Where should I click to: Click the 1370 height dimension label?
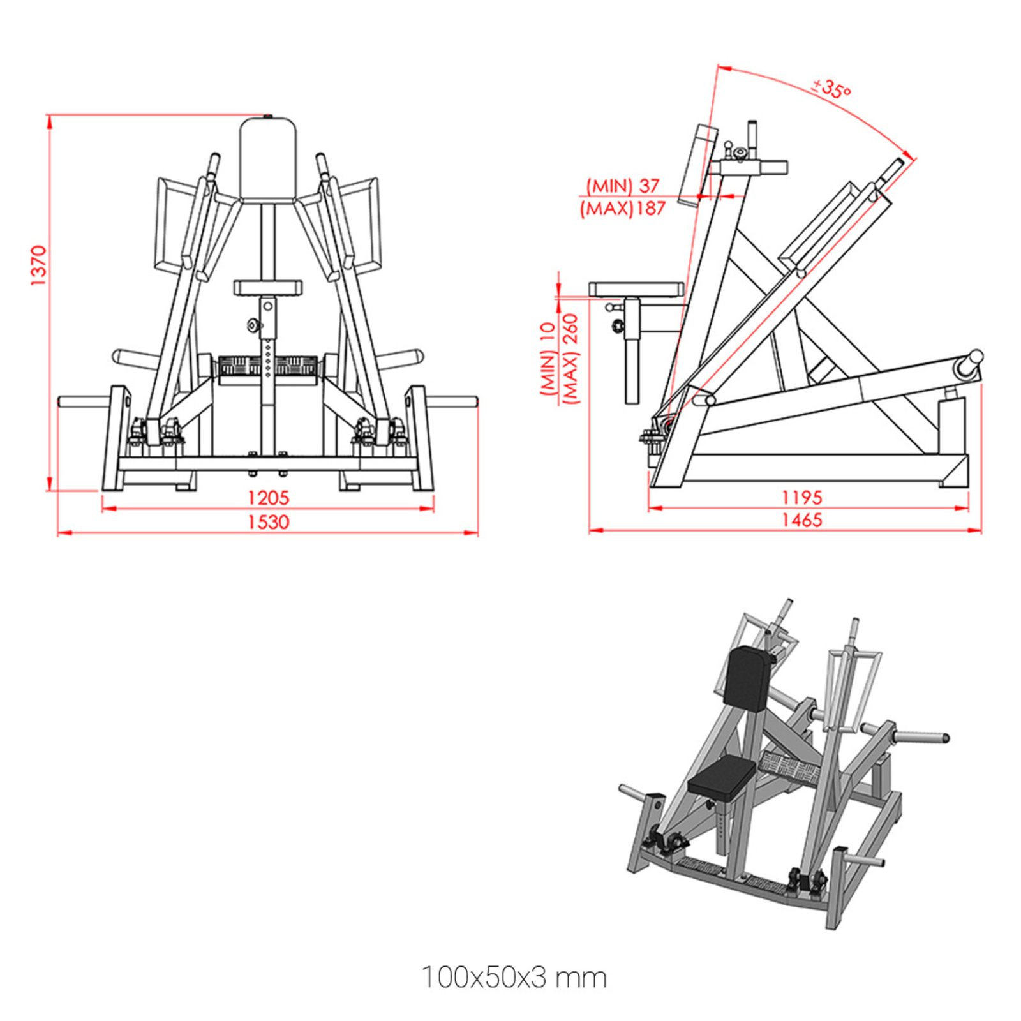click(x=38, y=265)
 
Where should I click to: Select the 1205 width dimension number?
click(x=268, y=497)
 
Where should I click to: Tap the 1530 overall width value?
click(x=268, y=521)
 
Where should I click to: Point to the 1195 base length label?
click(x=802, y=497)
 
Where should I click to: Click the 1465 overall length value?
click(x=802, y=519)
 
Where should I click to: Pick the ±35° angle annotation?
click(x=831, y=88)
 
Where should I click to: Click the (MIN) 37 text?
click(x=622, y=186)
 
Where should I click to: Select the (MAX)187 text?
click(x=622, y=209)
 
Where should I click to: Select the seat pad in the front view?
click(x=267, y=288)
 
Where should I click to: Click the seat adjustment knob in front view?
click(x=254, y=326)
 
